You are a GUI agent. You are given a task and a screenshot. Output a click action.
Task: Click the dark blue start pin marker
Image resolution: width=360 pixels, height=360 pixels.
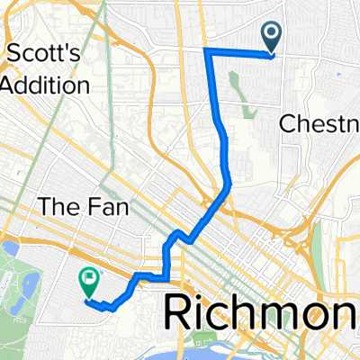[x=272, y=38]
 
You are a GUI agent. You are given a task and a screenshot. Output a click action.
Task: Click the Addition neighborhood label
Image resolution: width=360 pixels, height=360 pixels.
[x=44, y=85]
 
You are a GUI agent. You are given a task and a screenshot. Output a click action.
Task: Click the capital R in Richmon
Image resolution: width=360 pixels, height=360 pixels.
[x=181, y=318]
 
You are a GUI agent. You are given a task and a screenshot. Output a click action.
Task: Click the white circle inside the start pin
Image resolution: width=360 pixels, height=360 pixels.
[x=272, y=34]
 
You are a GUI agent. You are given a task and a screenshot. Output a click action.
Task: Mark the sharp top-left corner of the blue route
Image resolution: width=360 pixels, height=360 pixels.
[x=207, y=50]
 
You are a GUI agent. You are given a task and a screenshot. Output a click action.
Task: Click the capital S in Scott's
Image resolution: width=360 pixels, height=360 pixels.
[x=13, y=55]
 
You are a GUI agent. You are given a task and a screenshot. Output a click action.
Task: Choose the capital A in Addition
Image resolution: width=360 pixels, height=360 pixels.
[x=10, y=85]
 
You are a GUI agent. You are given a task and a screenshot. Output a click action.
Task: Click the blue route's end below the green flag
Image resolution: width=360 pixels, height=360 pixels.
[x=88, y=301]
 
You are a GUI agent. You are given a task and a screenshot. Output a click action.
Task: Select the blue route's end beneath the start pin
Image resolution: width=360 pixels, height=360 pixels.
[x=272, y=56]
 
